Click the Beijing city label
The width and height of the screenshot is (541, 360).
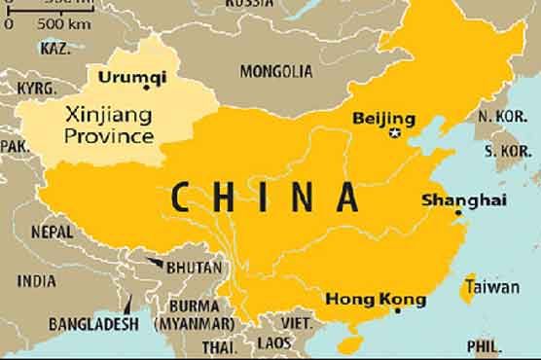(x=382, y=119)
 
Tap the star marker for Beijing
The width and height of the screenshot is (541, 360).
(x=394, y=133)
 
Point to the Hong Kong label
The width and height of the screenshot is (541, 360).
(x=374, y=298)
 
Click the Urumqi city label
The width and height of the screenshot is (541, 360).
(x=127, y=74)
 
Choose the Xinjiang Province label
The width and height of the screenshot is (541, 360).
(x=109, y=125)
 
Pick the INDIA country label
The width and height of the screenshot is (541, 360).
(x=37, y=280)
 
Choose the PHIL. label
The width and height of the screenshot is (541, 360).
(x=485, y=345)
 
